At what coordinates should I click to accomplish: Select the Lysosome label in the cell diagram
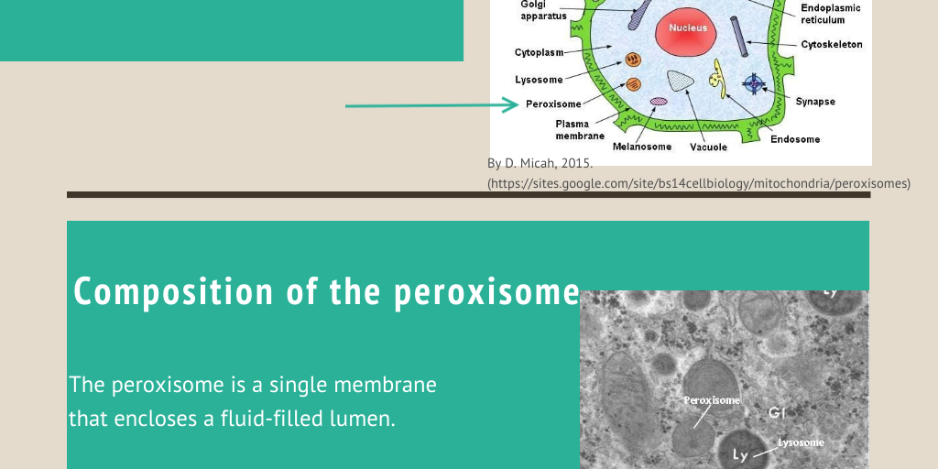coord(539,80)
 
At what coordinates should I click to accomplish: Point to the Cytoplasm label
coord(539,53)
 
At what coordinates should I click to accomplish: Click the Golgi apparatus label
coord(543,10)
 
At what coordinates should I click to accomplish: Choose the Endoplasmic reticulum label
coord(829,14)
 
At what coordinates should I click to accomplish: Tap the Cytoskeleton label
coord(831,44)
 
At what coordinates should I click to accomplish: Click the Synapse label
coord(815,102)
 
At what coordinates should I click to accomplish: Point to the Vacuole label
coord(708,147)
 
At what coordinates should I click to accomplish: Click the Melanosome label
coord(642,147)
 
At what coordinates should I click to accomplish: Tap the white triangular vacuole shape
coord(680,82)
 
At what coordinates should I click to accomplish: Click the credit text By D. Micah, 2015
coord(540,163)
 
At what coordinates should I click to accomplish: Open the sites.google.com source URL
coord(699,183)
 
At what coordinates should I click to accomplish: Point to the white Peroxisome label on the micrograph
coord(712,400)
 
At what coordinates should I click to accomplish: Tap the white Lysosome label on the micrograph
coord(801,442)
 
